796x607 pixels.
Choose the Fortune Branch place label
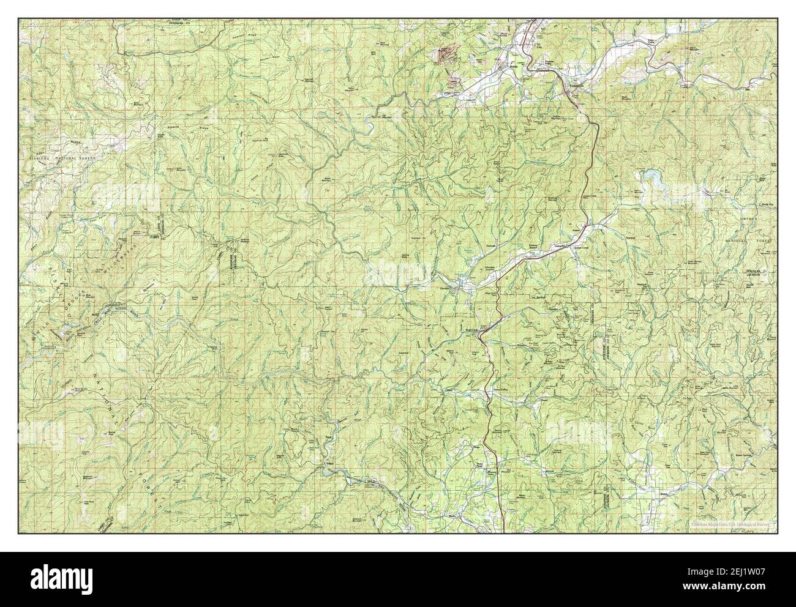535,245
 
